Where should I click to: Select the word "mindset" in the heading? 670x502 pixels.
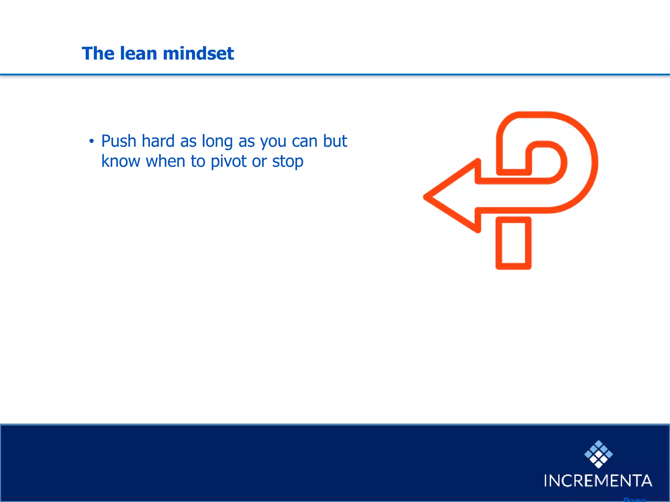click(x=198, y=53)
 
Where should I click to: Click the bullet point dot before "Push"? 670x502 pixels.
click(x=92, y=142)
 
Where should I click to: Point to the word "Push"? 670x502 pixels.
click(x=119, y=141)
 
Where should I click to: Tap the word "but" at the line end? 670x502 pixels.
click(x=335, y=141)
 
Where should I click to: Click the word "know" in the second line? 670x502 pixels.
click(x=120, y=161)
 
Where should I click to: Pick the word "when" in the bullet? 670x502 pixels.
click(x=166, y=161)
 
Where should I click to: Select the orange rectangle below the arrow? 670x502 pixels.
click(x=513, y=243)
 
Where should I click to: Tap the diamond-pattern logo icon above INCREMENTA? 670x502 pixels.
click(x=598, y=454)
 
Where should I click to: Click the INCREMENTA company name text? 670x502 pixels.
click(x=598, y=480)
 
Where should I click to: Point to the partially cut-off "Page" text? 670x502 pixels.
click(x=634, y=499)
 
